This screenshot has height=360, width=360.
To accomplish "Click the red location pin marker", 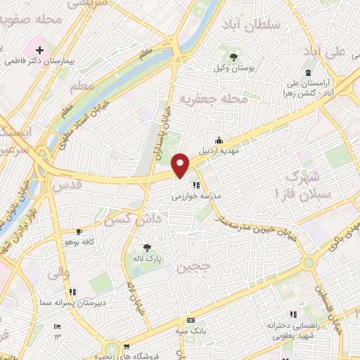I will tap(181, 165).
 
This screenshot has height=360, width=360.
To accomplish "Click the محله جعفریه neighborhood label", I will tap(214, 99).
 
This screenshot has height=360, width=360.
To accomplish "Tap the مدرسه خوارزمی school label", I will tap(197, 197).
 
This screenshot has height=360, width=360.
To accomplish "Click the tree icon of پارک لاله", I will tap(146, 247).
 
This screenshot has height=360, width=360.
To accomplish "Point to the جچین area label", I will tap(193, 267).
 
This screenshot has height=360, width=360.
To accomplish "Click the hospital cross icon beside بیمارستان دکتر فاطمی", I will tap(39, 51).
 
